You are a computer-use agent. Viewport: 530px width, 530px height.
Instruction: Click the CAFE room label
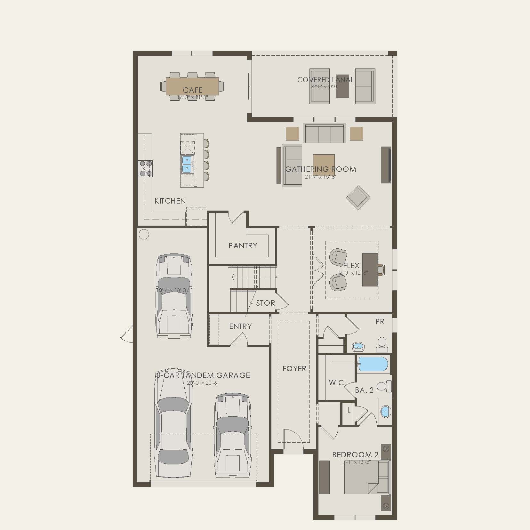pos(192,90)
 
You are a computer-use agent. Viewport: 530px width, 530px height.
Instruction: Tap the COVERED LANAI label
pos(325,80)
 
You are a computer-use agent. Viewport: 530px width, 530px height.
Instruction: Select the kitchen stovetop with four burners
pos(145,169)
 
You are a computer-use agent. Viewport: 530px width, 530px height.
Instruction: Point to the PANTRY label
pos(243,246)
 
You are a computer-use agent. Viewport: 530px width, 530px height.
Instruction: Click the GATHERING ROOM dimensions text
pos(320,177)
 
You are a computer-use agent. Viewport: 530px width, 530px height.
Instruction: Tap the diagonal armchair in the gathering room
pos(358,197)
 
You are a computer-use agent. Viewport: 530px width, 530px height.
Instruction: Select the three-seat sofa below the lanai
pos(325,133)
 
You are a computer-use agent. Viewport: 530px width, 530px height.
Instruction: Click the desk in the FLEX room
pos(370,269)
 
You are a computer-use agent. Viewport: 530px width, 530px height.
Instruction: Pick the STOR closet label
pos(265,303)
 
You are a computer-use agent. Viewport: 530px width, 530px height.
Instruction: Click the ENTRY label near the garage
pos(240,326)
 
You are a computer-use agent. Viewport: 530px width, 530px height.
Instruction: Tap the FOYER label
pos(294,369)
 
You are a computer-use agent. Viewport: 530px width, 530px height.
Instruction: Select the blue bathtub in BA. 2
pos(373,364)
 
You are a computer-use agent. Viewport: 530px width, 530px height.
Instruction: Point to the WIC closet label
pos(336,383)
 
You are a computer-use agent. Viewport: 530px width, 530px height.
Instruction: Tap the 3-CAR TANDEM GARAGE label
pos(203,375)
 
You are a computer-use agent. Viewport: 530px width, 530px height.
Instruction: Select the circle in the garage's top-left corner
pos(144,235)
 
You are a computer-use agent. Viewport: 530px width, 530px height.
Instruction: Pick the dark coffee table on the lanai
pos(342,86)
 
